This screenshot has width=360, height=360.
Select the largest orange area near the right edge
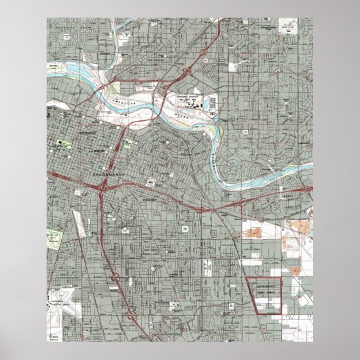point(300,228)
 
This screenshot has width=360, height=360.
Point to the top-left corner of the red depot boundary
point(245,278)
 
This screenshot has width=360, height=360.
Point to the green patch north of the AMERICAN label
point(113,88)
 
